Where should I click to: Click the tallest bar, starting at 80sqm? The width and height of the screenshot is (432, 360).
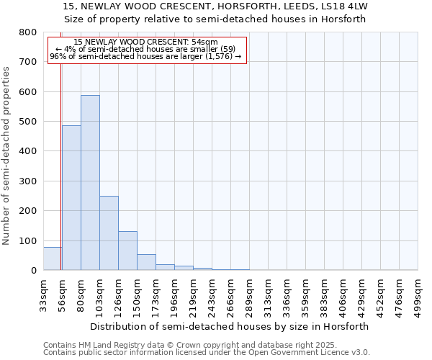click(x=90, y=183)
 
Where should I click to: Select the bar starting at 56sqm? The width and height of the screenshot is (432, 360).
click(x=71, y=198)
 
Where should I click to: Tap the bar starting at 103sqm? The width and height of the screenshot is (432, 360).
click(x=109, y=233)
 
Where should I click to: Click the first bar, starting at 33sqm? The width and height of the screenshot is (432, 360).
click(x=52, y=258)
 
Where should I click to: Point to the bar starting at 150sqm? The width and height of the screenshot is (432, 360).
click(x=146, y=262)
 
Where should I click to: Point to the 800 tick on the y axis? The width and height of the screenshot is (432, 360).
click(x=27, y=32)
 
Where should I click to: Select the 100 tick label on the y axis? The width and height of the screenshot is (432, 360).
click(x=27, y=240)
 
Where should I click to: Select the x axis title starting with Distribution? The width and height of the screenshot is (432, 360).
click(x=230, y=326)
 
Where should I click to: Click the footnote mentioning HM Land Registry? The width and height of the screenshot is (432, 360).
click(x=185, y=345)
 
